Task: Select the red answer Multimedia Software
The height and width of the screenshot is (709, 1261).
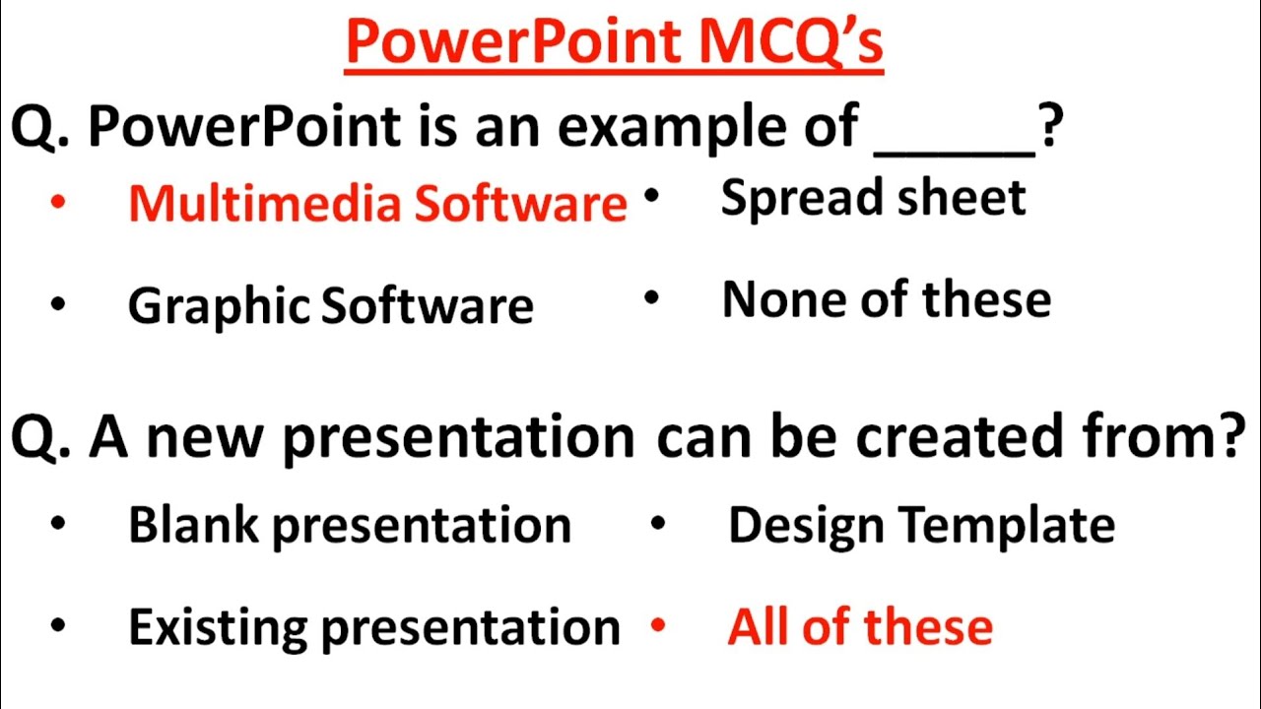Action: (377, 204)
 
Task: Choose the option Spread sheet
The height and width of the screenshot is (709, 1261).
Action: (873, 198)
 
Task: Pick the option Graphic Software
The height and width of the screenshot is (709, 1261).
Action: (330, 306)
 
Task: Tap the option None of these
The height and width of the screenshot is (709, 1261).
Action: (886, 299)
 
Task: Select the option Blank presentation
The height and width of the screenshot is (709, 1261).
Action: (349, 526)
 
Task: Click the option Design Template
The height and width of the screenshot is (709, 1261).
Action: (921, 525)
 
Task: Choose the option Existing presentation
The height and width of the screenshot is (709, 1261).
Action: (373, 627)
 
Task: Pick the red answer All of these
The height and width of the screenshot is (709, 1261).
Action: (860, 627)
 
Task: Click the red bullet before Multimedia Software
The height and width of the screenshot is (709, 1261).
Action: (58, 203)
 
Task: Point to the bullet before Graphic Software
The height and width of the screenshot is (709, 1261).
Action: (58, 305)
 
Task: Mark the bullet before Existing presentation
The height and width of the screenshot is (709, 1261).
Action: (58, 626)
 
